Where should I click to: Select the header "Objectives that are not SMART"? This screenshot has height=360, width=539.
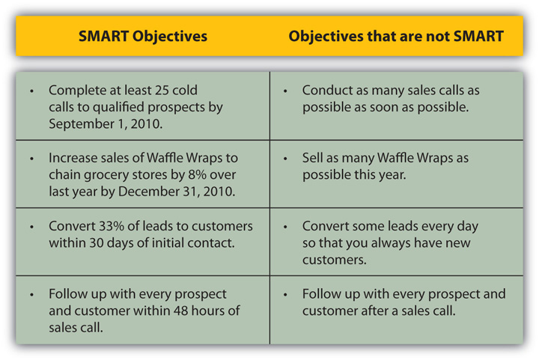(x=397, y=36)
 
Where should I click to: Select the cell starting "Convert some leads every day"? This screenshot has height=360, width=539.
(x=389, y=242)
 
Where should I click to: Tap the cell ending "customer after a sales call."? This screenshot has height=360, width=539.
(x=404, y=302)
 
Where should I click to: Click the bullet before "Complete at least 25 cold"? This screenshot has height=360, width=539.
(x=31, y=91)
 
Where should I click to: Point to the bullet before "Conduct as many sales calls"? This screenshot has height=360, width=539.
(x=286, y=91)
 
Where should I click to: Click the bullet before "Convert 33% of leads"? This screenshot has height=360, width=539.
(x=31, y=226)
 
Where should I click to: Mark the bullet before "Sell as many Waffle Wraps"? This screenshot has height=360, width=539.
(x=286, y=159)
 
